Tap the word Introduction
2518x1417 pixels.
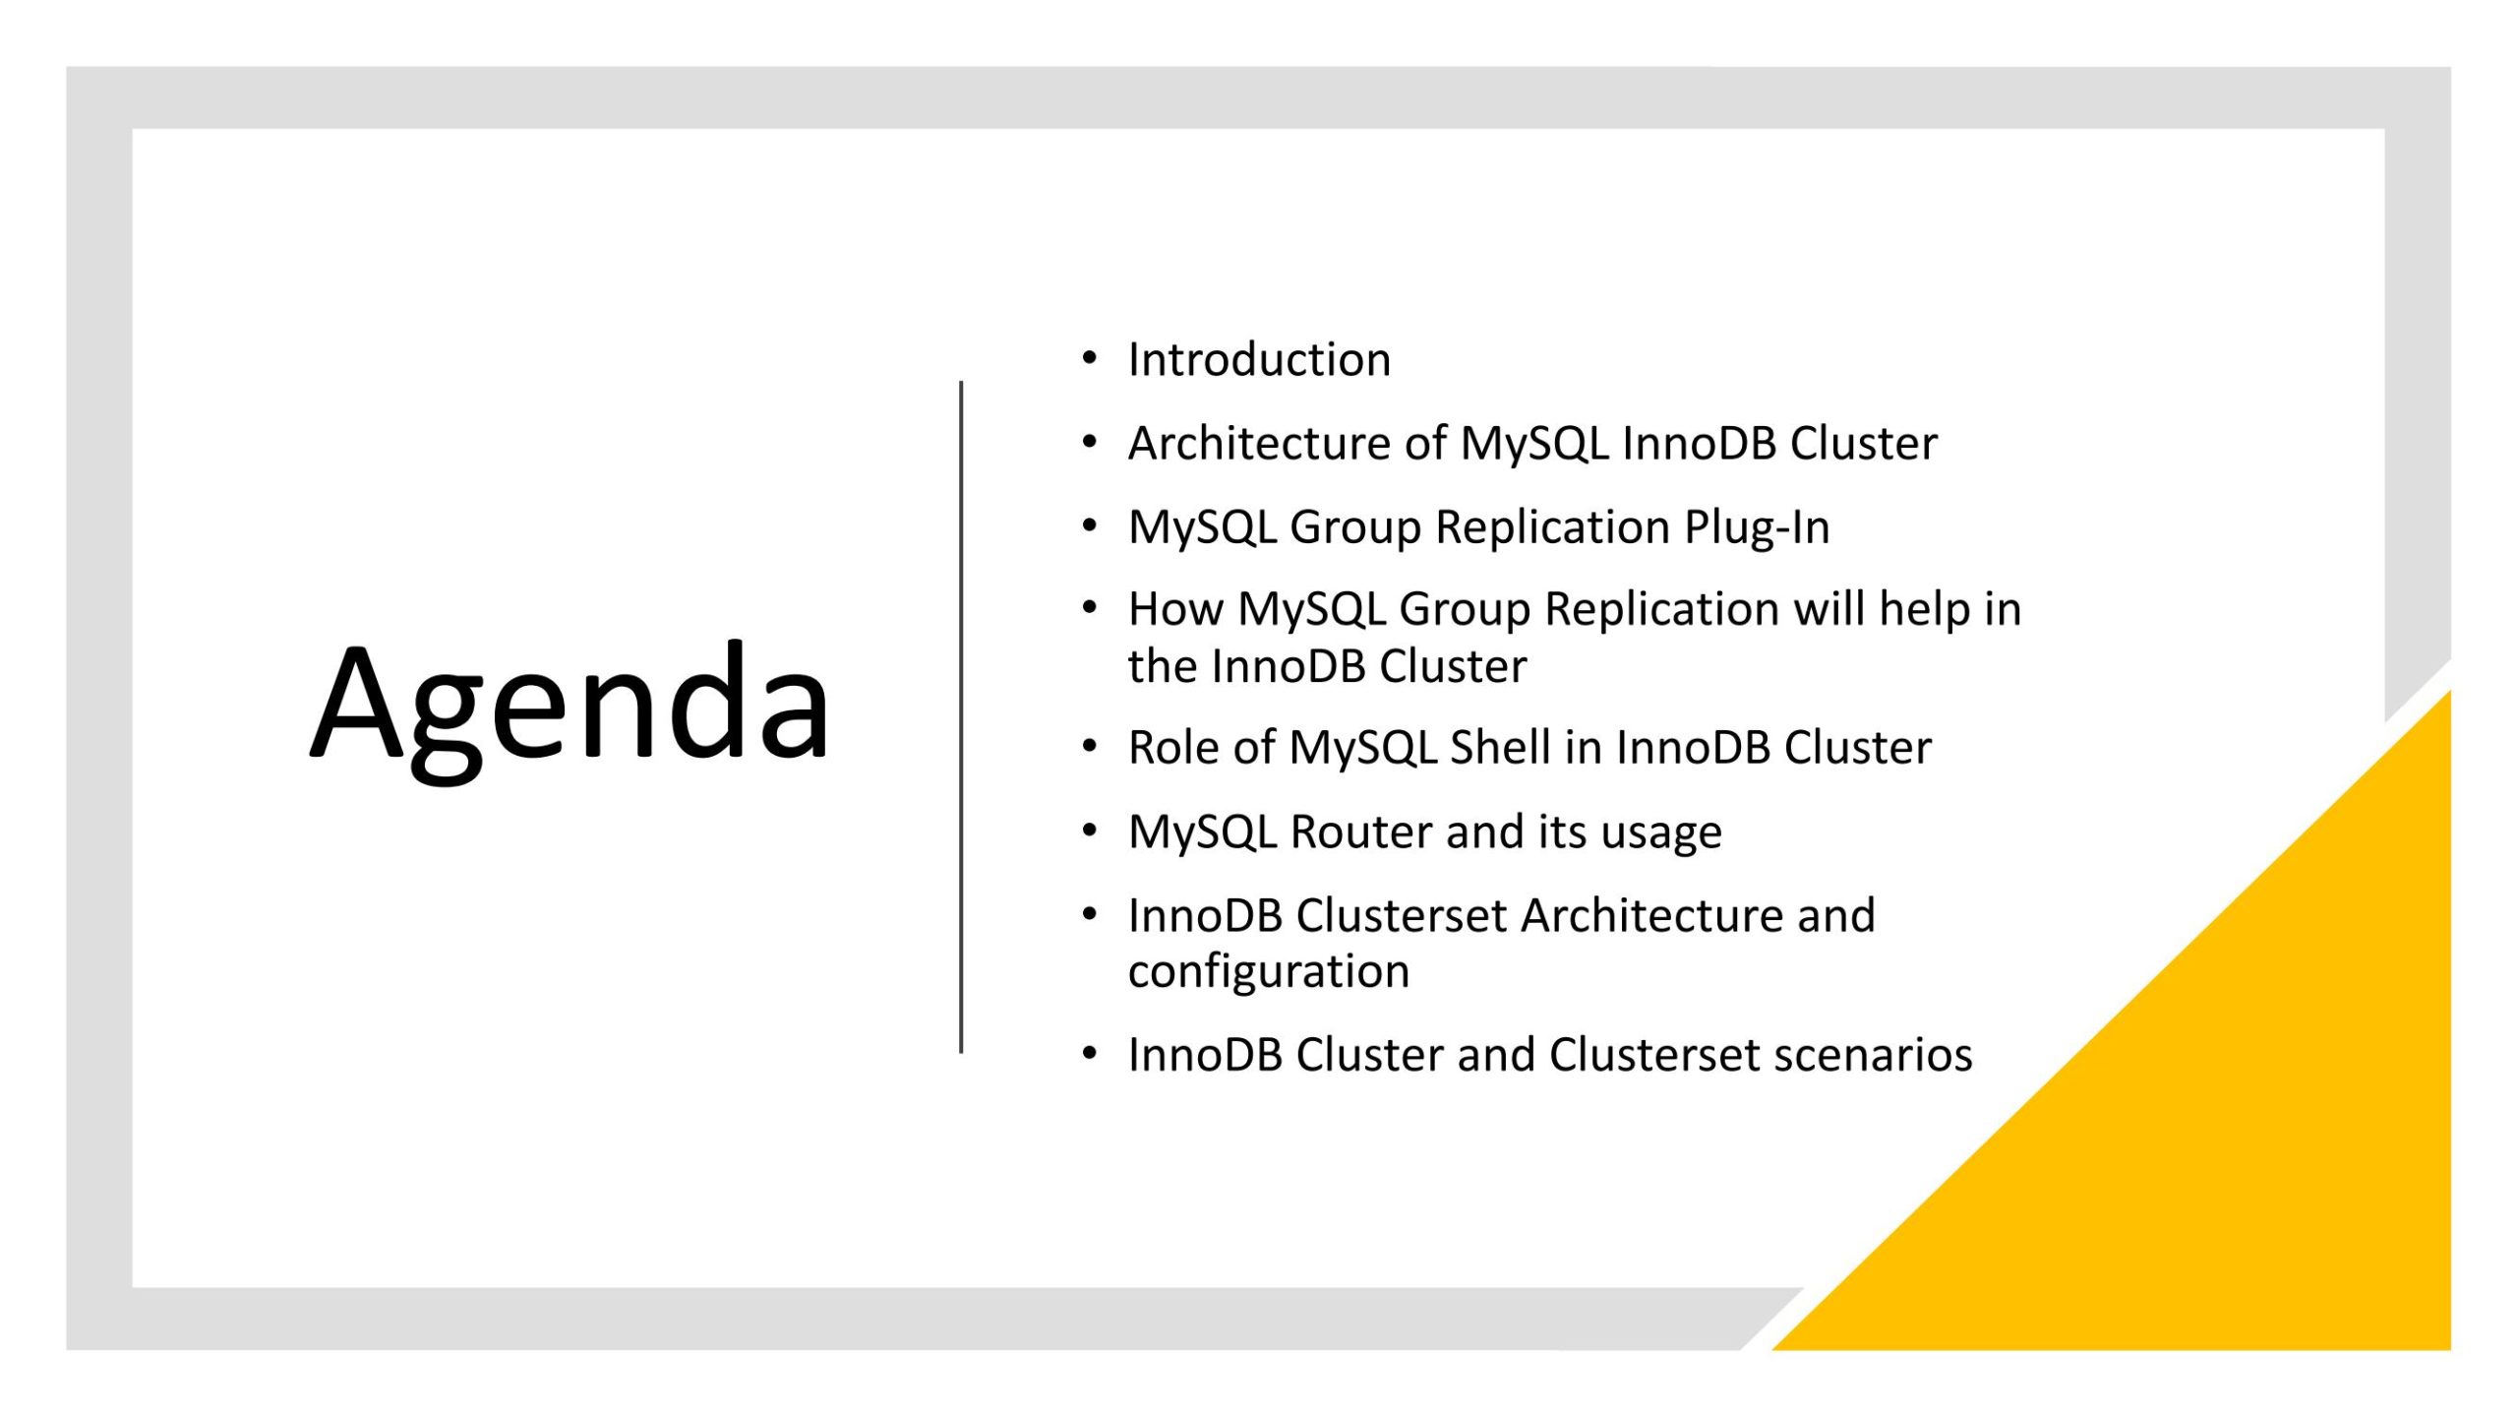1259,359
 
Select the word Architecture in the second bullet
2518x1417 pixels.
1259,443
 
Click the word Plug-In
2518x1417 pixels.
1757,527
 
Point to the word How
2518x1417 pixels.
1175,609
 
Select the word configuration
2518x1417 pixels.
1269,972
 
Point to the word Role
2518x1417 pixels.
1174,747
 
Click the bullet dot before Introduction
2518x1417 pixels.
1089,359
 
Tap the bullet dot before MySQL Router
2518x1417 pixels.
1089,832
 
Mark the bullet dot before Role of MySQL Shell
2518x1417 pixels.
1089,748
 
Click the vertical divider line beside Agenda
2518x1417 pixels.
961,716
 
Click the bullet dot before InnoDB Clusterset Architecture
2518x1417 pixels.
1089,915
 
